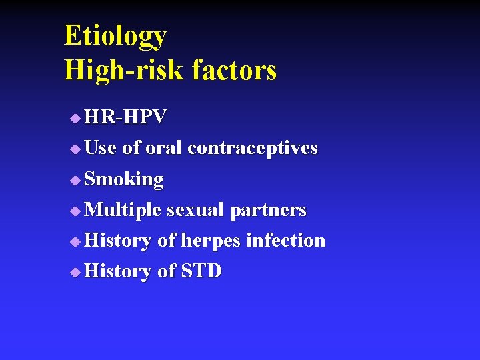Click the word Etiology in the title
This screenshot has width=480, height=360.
pyautogui.click(x=115, y=36)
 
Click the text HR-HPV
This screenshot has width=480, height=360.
pyautogui.click(x=126, y=117)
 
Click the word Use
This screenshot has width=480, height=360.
pyautogui.click(x=101, y=148)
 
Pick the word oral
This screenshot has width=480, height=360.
pyautogui.click(x=163, y=148)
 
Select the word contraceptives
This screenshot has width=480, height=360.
pyautogui.click(x=253, y=148)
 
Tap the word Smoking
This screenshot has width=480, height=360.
pyautogui.click(x=125, y=179)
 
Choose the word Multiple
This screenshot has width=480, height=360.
pyautogui.click(x=123, y=210)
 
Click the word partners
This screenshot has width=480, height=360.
pyautogui.click(x=268, y=211)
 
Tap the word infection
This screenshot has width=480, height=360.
pyautogui.click(x=286, y=240)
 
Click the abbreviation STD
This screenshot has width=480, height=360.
pyautogui.click(x=202, y=271)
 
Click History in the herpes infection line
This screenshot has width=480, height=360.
pyautogui.click(x=119, y=241)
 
